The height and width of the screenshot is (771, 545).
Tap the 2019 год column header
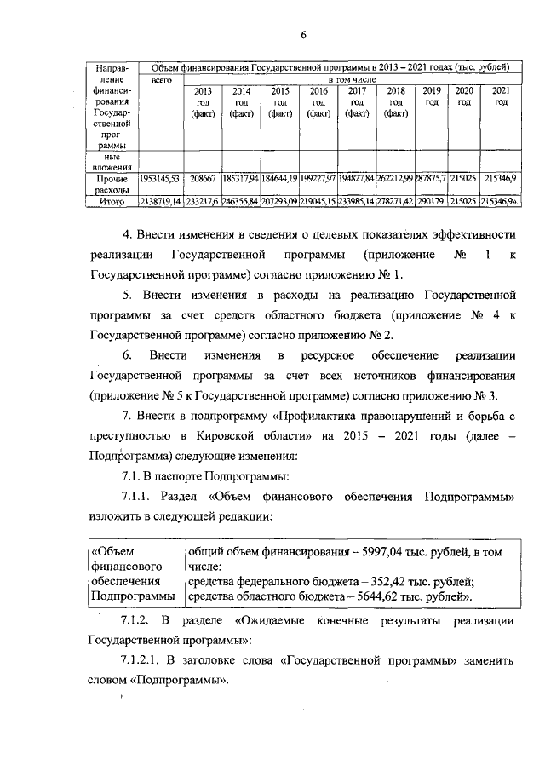432,95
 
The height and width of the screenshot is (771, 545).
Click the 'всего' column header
162,79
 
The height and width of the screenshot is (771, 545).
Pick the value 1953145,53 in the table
159,179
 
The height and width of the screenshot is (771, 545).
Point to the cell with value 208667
203,179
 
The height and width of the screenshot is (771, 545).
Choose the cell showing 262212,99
395,179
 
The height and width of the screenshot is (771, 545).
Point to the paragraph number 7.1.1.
141,496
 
